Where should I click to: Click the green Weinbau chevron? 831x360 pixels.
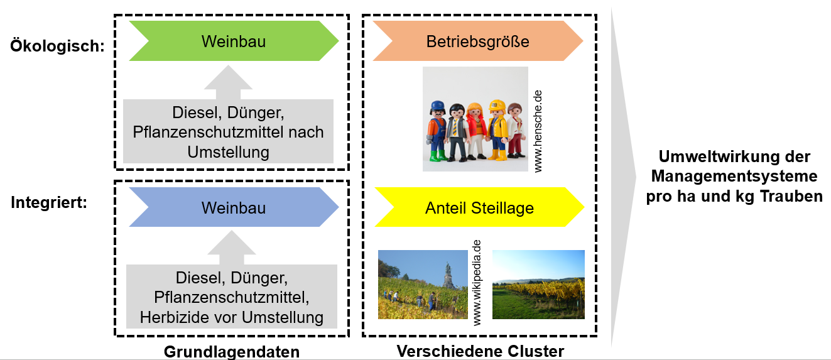tap(234, 41)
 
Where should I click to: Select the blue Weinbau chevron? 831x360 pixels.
tap(234, 207)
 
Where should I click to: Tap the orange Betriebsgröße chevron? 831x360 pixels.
tap(477, 41)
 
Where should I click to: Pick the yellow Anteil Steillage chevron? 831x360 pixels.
tap(479, 207)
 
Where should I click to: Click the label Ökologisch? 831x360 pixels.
tap(57, 45)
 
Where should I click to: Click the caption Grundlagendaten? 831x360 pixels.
tap(232, 351)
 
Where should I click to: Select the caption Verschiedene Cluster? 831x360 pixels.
tap(481, 351)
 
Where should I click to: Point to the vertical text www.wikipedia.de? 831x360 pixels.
tap(477, 282)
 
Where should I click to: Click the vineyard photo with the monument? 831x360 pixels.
tap(423, 285)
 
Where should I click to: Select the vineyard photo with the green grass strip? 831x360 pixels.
tap(538, 285)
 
